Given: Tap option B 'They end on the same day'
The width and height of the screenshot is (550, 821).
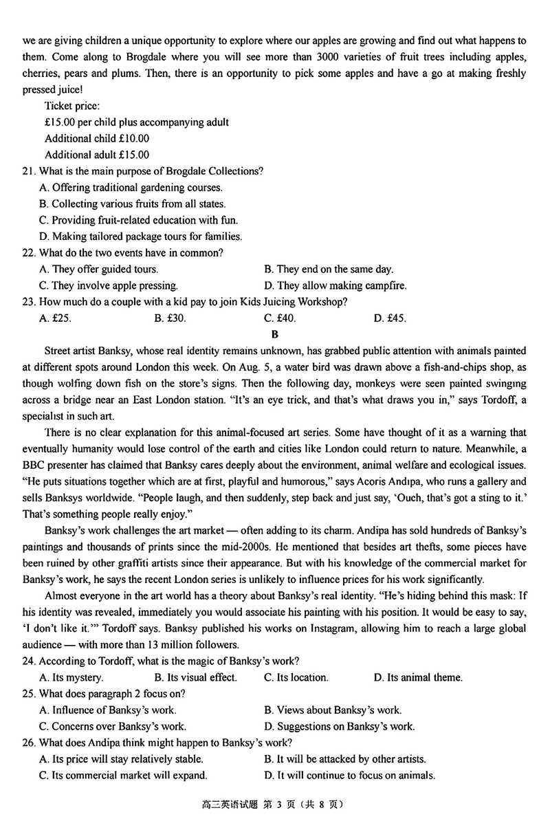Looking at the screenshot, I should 328,270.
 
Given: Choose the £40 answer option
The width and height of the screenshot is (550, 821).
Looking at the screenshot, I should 279,318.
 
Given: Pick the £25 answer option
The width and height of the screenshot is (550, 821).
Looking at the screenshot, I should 56,318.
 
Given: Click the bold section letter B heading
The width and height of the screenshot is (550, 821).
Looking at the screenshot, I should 274,336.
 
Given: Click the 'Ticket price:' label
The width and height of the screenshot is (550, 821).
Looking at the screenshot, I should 72,106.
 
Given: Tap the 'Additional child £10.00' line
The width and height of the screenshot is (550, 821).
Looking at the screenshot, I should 97,138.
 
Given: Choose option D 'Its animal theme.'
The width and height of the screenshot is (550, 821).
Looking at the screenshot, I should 418,678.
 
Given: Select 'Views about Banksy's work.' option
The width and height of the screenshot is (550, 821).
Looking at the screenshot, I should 332,710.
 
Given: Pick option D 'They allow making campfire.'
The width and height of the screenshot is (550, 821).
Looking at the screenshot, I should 335,286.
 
